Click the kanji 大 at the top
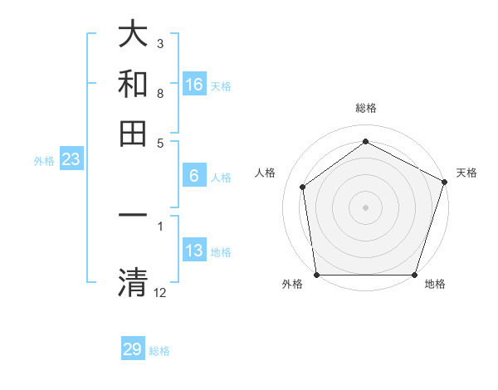[x=133, y=35]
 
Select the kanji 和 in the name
[x=133, y=84]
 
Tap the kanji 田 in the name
[x=133, y=134]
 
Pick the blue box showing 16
[x=194, y=85]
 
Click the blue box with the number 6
[x=194, y=176]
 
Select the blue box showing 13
[x=194, y=251]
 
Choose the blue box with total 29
[x=133, y=349]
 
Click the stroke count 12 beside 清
[x=160, y=291]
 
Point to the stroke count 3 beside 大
[x=159, y=43]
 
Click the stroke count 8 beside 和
[x=159, y=93]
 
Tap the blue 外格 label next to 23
[x=44, y=161]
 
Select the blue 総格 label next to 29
[x=159, y=351]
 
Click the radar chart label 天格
[x=466, y=173]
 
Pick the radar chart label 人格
[x=266, y=173]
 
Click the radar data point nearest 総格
[x=365, y=141]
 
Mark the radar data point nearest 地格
[x=415, y=275]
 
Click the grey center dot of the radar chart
[x=365, y=207]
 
